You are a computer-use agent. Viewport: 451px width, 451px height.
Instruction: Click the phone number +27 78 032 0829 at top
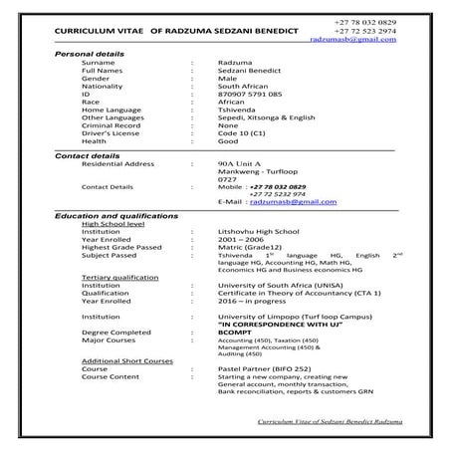click(368, 22)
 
